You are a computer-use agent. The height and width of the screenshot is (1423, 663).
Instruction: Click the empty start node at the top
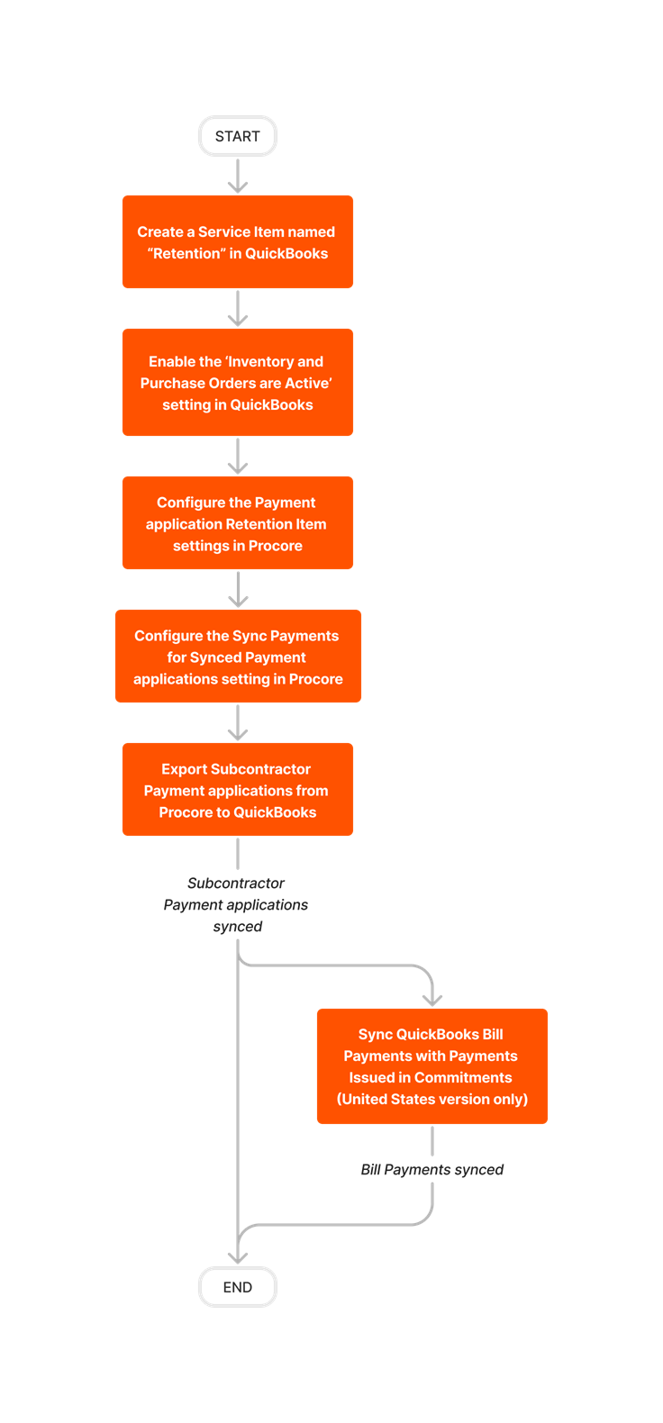tap(238, 136)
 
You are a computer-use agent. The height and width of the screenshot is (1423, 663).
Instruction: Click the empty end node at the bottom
tap(238, 1286)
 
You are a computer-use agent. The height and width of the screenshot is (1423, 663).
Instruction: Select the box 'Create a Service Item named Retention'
tap(238, 241)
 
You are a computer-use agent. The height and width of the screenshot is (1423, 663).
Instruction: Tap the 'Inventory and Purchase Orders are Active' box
tap(238, 383)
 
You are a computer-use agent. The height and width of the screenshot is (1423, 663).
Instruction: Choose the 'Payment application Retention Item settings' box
tap(238, 523)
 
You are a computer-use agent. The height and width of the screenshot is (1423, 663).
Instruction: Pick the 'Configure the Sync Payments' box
tap(238, 657)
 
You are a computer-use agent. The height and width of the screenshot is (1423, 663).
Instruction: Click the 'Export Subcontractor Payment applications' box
tap(238, 790)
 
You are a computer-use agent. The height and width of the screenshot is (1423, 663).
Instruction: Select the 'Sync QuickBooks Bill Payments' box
tap(432, 1066)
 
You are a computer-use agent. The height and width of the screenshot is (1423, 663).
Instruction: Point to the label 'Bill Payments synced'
tap(432, 1170)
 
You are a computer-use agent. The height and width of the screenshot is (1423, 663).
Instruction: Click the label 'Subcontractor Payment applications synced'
tap(236, 905)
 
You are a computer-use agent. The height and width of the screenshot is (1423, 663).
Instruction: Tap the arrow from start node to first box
tap(238, 176)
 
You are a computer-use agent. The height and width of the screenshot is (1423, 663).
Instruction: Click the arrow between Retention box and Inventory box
tap(238, 309)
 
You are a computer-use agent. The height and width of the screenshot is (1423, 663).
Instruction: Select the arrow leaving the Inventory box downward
tap(238, 457)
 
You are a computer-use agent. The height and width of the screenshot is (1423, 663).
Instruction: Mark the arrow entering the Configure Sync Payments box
tap(238, 590)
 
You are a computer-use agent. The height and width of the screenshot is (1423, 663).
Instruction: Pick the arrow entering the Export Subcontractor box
tap(238, 723)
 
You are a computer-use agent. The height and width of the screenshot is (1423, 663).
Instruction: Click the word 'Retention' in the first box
tap(186, 254)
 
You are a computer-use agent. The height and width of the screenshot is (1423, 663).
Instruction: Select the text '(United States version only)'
tap(432, 1100)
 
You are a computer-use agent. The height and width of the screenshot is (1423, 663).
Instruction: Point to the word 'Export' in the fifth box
tap(185, 769)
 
